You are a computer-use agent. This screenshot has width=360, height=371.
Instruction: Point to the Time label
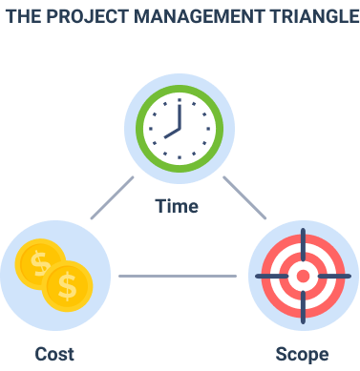pyautogui.click(x=179, y=206)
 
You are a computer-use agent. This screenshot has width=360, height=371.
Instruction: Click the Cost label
pyautogui.click(x=54, y=354)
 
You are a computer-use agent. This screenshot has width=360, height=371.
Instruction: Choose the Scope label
pyautogui.click(x=302, y=354)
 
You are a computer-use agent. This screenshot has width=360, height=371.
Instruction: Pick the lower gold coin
pyautogui.click(x=67, y=285)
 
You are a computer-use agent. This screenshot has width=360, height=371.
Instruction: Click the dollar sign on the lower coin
pyautogui.click(x=67, y=285)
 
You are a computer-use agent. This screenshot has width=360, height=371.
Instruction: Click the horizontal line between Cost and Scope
pyautogui.click(x=178, y=277)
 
